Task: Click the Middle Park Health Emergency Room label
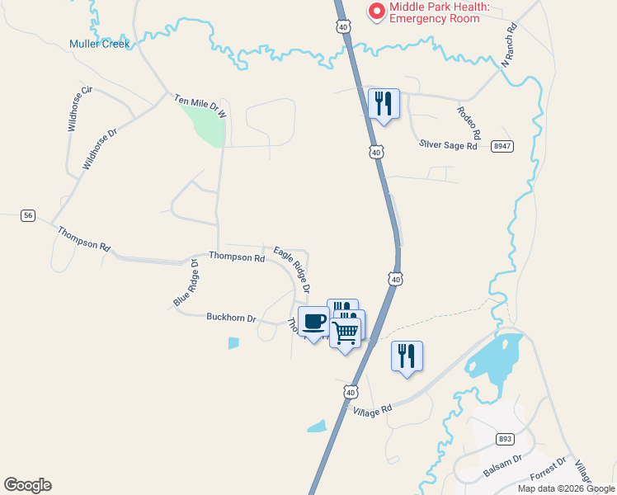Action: tap(440, 12)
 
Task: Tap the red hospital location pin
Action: tap(377, 12)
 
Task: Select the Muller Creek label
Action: tap(99, 44)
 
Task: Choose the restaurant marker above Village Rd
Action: tap(407, 356)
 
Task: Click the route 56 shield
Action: tap(28, 215)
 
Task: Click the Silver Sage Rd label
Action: tap(448, 145)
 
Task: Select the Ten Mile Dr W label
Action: tap(200, 104)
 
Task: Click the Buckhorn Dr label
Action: tap(231, 318)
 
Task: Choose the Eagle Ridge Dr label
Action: tap(292, 270)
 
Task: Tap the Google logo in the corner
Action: tap(27, 485)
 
